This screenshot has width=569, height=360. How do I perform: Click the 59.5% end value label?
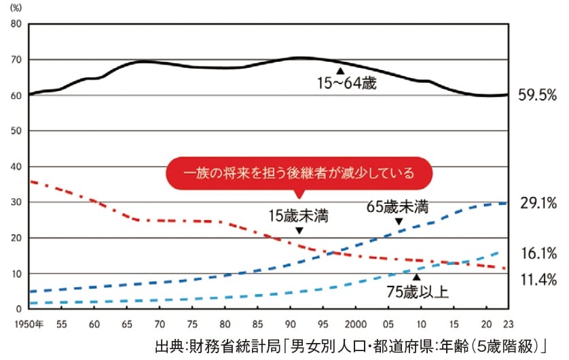(x=536, y=95)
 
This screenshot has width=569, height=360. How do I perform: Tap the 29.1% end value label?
(x=538, y=203)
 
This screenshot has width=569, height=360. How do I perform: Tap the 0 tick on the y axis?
(x=20, y=310)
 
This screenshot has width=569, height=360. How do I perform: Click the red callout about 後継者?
(x=299, y=173)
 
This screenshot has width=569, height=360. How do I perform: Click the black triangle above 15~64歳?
(x=340, y=71)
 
